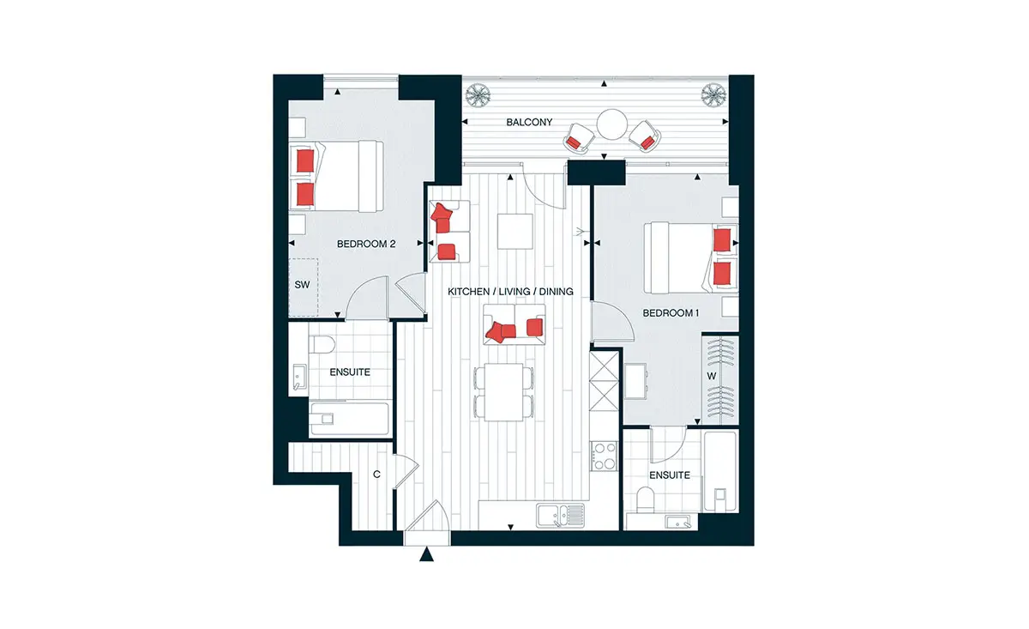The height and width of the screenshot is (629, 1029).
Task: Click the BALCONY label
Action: tap(529, 123)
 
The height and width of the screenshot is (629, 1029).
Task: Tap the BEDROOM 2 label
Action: tap(366, 245)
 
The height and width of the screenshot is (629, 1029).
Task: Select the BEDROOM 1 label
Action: tap(671, 313)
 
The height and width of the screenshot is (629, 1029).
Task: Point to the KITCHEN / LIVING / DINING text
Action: tap(510, 292)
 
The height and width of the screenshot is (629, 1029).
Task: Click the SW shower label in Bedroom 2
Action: tap(302, 285)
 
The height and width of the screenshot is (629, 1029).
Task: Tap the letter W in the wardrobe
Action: tap(712, 376)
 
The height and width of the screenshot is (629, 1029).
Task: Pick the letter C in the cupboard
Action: tap(376, 474)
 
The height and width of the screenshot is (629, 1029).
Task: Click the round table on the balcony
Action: tap(612, 124)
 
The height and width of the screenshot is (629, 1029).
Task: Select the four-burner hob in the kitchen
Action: tap(604, 456)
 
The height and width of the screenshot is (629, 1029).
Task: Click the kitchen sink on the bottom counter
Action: tap(561, 516)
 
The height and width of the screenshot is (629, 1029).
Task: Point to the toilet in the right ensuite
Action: tap(646, 499)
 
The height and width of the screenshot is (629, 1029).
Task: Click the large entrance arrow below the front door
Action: tap(426, 554)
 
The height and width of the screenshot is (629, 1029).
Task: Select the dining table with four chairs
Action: tap(503, 392)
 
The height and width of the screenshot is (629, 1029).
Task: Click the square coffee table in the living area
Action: tap(515, 232)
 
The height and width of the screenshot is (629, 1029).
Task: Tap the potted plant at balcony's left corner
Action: tap(478, 94)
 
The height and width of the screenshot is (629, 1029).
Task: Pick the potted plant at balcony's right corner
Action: tap(713, 94)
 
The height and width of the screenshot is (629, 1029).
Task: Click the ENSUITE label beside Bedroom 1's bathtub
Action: tap(670, 475)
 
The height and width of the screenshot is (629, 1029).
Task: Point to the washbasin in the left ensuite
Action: tap(299, 378)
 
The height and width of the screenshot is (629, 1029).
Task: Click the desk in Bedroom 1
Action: tap(635, 381)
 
